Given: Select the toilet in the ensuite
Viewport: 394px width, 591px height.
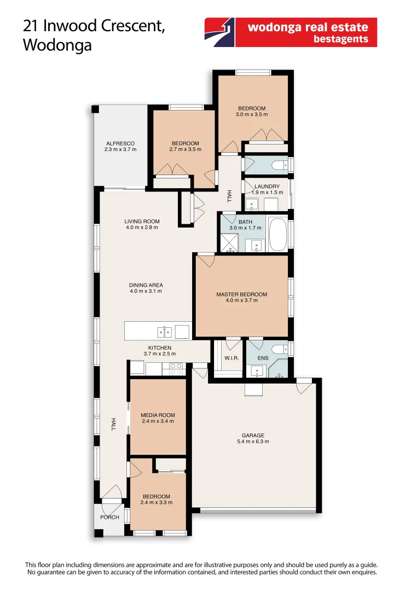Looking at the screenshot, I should [279, 350].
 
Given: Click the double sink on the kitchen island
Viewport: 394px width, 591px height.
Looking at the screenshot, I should [165, 331].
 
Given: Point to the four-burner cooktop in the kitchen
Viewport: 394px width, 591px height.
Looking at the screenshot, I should [176, 369].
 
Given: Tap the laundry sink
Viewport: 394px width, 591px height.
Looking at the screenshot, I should [252, 205].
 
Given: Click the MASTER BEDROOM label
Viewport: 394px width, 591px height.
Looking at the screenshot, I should [241, 294].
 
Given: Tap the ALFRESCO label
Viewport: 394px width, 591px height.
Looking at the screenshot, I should [120, 143].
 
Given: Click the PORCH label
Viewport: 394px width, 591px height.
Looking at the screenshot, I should [109, 517].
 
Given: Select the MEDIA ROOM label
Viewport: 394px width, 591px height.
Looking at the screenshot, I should [158, 415].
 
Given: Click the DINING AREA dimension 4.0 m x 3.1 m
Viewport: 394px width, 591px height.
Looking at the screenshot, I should [146, 291].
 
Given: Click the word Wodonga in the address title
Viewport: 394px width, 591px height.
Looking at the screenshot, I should [57, 45].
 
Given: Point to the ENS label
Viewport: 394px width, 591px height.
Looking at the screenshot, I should [263, 358].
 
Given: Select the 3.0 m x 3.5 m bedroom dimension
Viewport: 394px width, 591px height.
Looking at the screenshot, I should [252, 114].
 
